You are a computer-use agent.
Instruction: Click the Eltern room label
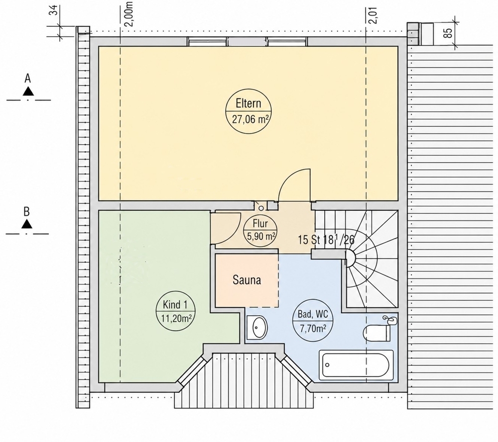pyautogui.click(x=249, y=103)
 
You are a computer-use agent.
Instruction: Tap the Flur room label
pyautogui.click(x=260, y=224)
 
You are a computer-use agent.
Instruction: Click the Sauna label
pyautogui.click(x=247, y=280)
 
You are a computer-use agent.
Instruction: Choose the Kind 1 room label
pyautogui.click(x=175, y=305)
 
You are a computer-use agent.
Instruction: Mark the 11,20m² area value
pyautogui.click(x=176, y=318)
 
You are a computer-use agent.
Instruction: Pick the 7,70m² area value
pyautogui.click(x=313, y=328)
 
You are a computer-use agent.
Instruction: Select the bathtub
pyautogui.click(x=356, y=365)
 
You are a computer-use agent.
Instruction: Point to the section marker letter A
pyautogui.click(x=28, y=79)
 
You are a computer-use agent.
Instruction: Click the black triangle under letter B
pyautogui.click(x=27, y=224)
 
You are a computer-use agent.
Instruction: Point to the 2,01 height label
pyautogui.click(x=373, y=15)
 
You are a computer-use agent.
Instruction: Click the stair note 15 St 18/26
pyautogui.click(x=326, y=240)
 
